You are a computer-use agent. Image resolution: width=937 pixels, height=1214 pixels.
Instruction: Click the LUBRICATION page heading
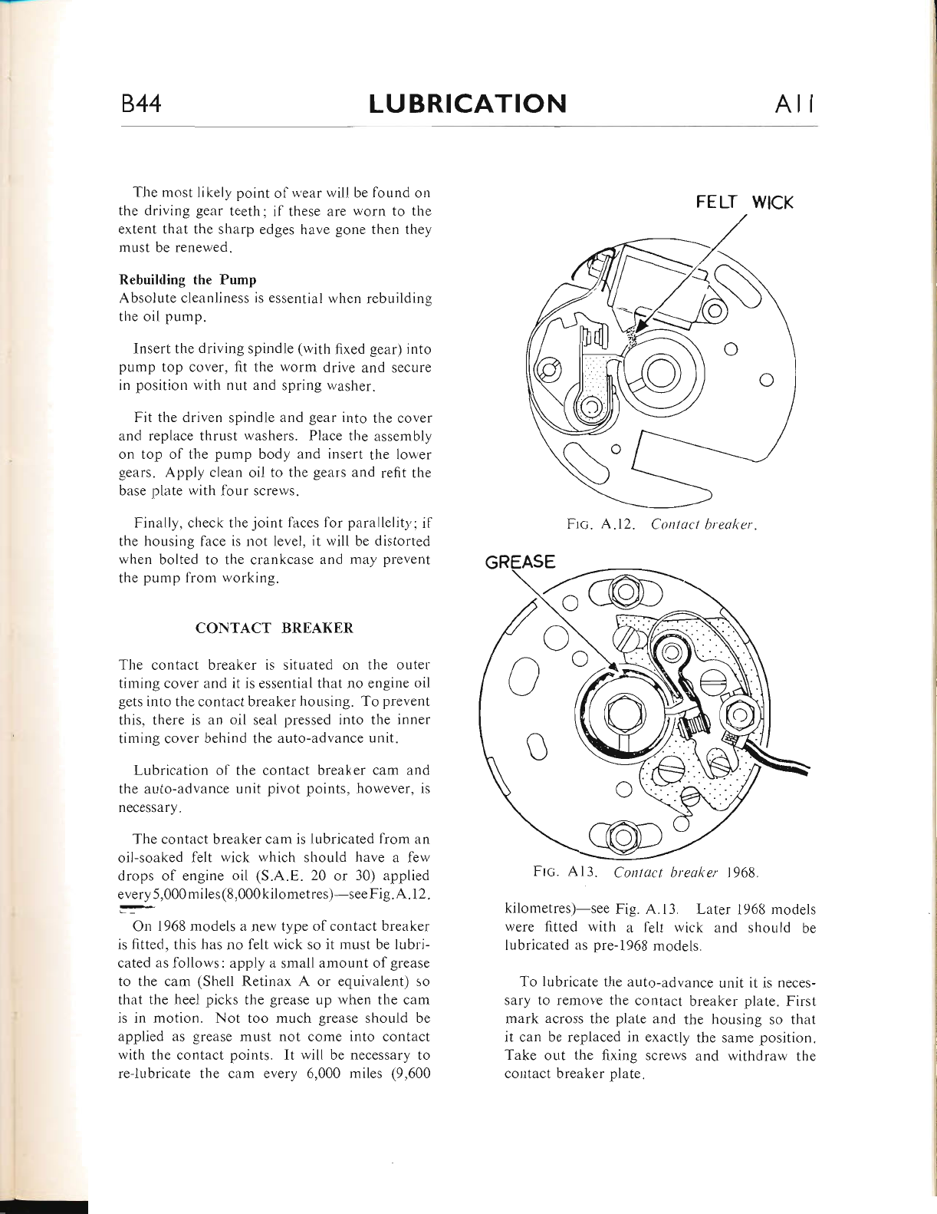pyautogui.click(x=468, y=104)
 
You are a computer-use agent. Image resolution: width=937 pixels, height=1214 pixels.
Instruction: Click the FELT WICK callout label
pyautogui.click(x=744, y=203)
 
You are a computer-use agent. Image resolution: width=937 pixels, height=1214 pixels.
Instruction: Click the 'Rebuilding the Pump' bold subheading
pyautogui.click(x=187, y=279)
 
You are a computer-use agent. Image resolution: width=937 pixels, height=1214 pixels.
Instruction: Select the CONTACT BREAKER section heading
pyautogui.click(x=275, y=628)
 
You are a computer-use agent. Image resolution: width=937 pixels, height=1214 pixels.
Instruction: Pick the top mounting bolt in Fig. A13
pyautogui.click(x=624, y=592)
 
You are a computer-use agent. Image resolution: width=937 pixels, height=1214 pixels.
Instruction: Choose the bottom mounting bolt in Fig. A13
pyautogui.click(x=624, y=834)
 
